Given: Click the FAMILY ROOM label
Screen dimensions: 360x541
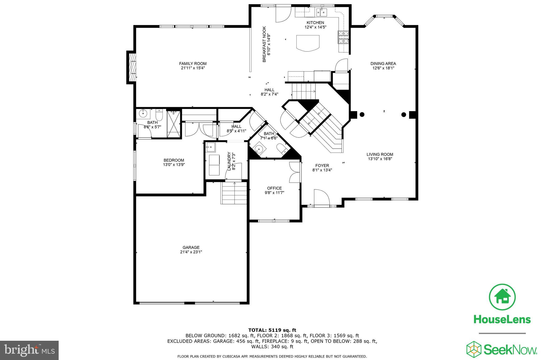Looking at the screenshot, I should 193,64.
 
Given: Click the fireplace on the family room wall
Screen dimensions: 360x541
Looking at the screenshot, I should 132,67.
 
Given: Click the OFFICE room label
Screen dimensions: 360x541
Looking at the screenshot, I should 274,188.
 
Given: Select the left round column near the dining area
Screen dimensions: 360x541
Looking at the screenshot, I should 362,114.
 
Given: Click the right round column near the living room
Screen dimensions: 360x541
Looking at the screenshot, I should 403,114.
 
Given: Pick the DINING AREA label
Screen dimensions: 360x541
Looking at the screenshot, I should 383,64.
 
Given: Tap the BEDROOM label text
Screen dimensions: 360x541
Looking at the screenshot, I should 174,160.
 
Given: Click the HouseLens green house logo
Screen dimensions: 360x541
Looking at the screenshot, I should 502,297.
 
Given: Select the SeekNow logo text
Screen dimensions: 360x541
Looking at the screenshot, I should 510,350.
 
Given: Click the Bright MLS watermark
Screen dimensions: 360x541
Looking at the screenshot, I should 29,350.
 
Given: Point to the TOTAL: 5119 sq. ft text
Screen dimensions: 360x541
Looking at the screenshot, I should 272,330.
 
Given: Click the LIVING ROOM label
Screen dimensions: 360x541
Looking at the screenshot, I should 380,154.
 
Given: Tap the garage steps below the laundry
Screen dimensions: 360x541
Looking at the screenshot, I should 234,194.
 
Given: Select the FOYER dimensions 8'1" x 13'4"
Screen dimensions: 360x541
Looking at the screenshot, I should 322,170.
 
